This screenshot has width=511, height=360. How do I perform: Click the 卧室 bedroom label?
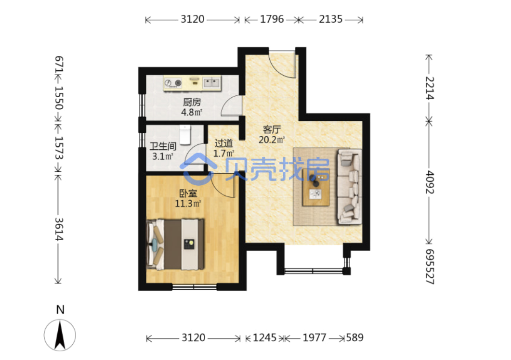click(x=188, y=193)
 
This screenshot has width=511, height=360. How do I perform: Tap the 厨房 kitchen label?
click(x=192, y=103)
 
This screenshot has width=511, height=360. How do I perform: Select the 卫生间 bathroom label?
click(x=163, y=146)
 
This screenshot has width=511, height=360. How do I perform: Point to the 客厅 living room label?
click(x=272, y=129)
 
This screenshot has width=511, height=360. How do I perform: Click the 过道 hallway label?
click(x=224, y=143)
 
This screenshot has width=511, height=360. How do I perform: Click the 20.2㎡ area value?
click(x=272, y=140)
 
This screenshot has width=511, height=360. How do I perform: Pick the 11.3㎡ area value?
click(x=188, y=204)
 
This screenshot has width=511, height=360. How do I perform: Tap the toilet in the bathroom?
click(x=185, y=134)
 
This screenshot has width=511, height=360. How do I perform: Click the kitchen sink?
click(x=211, y=83)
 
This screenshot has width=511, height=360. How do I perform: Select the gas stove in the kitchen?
click(x=173, y=83)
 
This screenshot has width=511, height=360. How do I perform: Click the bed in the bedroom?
click(x=176, y=244)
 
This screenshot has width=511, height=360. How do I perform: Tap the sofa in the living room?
click(x=349, y=186)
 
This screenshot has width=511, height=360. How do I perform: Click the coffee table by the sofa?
click(x=316, y=187)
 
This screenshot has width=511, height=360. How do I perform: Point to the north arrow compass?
click(x=60, y=335)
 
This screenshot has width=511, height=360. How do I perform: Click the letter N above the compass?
click(x=60, y=309)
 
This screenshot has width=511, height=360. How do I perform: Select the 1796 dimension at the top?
click(x=272, y=19)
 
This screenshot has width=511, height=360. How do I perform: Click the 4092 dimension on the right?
click(x=430, y=182)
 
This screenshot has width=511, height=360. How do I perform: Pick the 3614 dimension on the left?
click(x=59, y=229)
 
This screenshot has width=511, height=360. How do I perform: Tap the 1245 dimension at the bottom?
click(x=264, y=338)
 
